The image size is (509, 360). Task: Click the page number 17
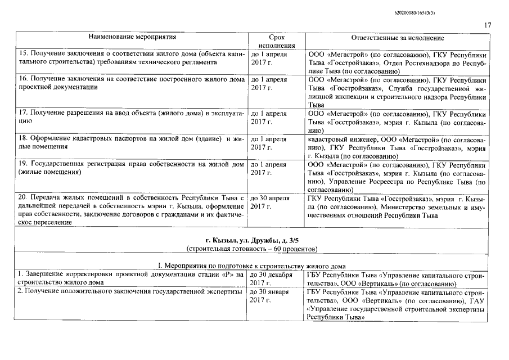[488, 25]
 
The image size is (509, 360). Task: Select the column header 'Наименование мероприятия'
[132, 38]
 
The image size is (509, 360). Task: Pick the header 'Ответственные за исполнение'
[398, 38]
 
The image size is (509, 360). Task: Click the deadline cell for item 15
[269, 59]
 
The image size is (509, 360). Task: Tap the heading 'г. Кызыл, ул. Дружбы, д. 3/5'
[254, 240]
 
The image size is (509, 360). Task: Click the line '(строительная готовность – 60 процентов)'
[254, 248]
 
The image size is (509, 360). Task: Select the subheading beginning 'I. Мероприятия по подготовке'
[254, 265]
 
